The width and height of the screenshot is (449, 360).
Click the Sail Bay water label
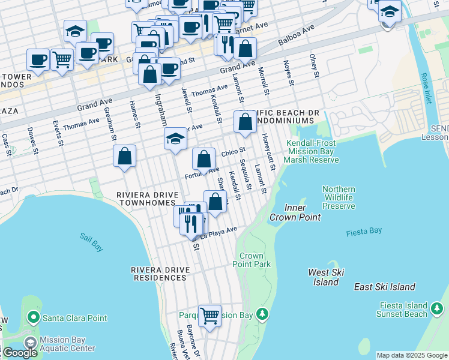pyautogui.click(x=92, y=236)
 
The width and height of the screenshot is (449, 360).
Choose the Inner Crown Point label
pyautogui.click(x=295, y=212)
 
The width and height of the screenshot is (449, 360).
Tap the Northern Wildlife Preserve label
pyautogui.click(x=339, y=197)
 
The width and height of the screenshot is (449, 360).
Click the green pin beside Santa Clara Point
pyautogui.click(x=33, y=317)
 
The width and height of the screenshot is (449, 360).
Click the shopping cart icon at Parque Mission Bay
pyautogui.click(x=210, y=314)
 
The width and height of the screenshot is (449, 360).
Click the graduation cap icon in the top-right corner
pyautogui.click(x=390, y=12)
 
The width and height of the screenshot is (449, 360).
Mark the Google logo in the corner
pyautogui.click(x=20, y=353)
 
